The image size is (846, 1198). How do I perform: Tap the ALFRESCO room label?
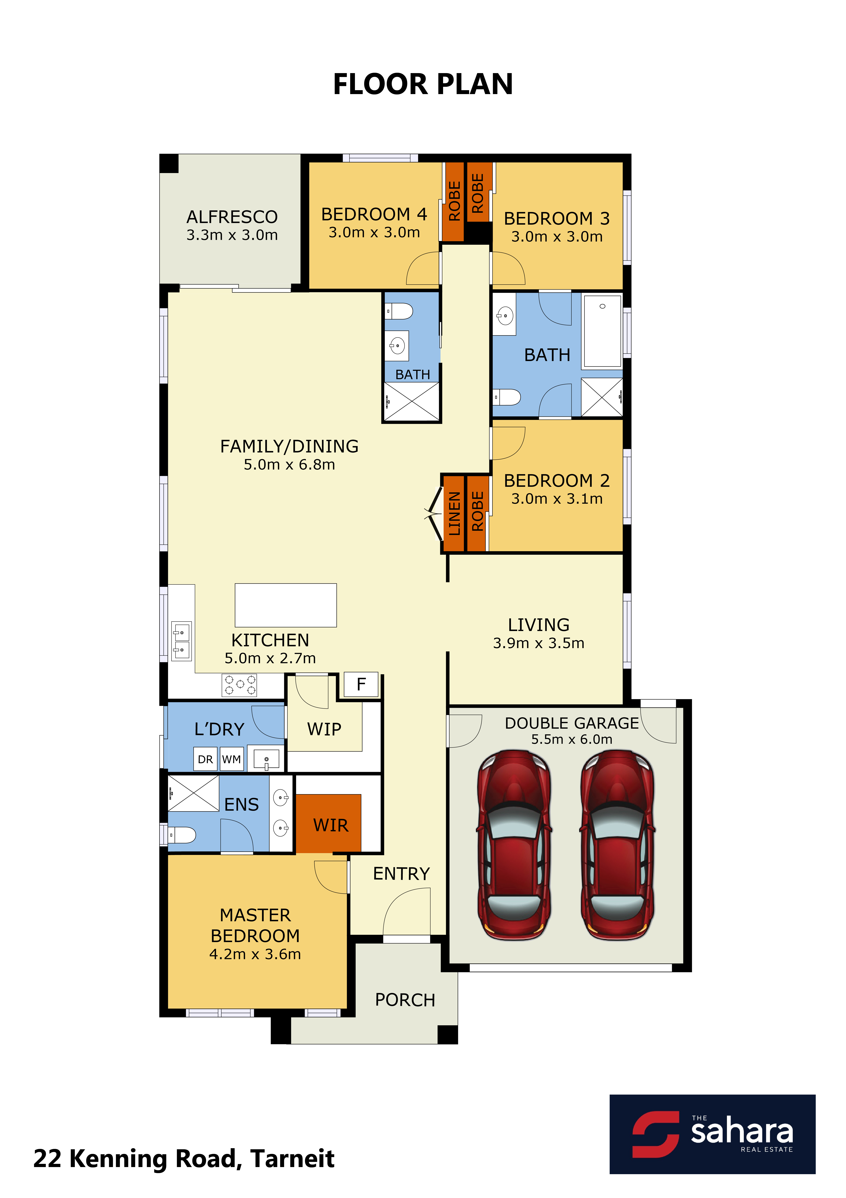coord(232,217)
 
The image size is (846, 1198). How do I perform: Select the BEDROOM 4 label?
coord(374,214)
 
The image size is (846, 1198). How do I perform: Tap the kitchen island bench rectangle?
coord(286,605)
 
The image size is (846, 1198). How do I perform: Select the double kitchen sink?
coord(181,641)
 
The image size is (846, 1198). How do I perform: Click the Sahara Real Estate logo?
coord(713,1134)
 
